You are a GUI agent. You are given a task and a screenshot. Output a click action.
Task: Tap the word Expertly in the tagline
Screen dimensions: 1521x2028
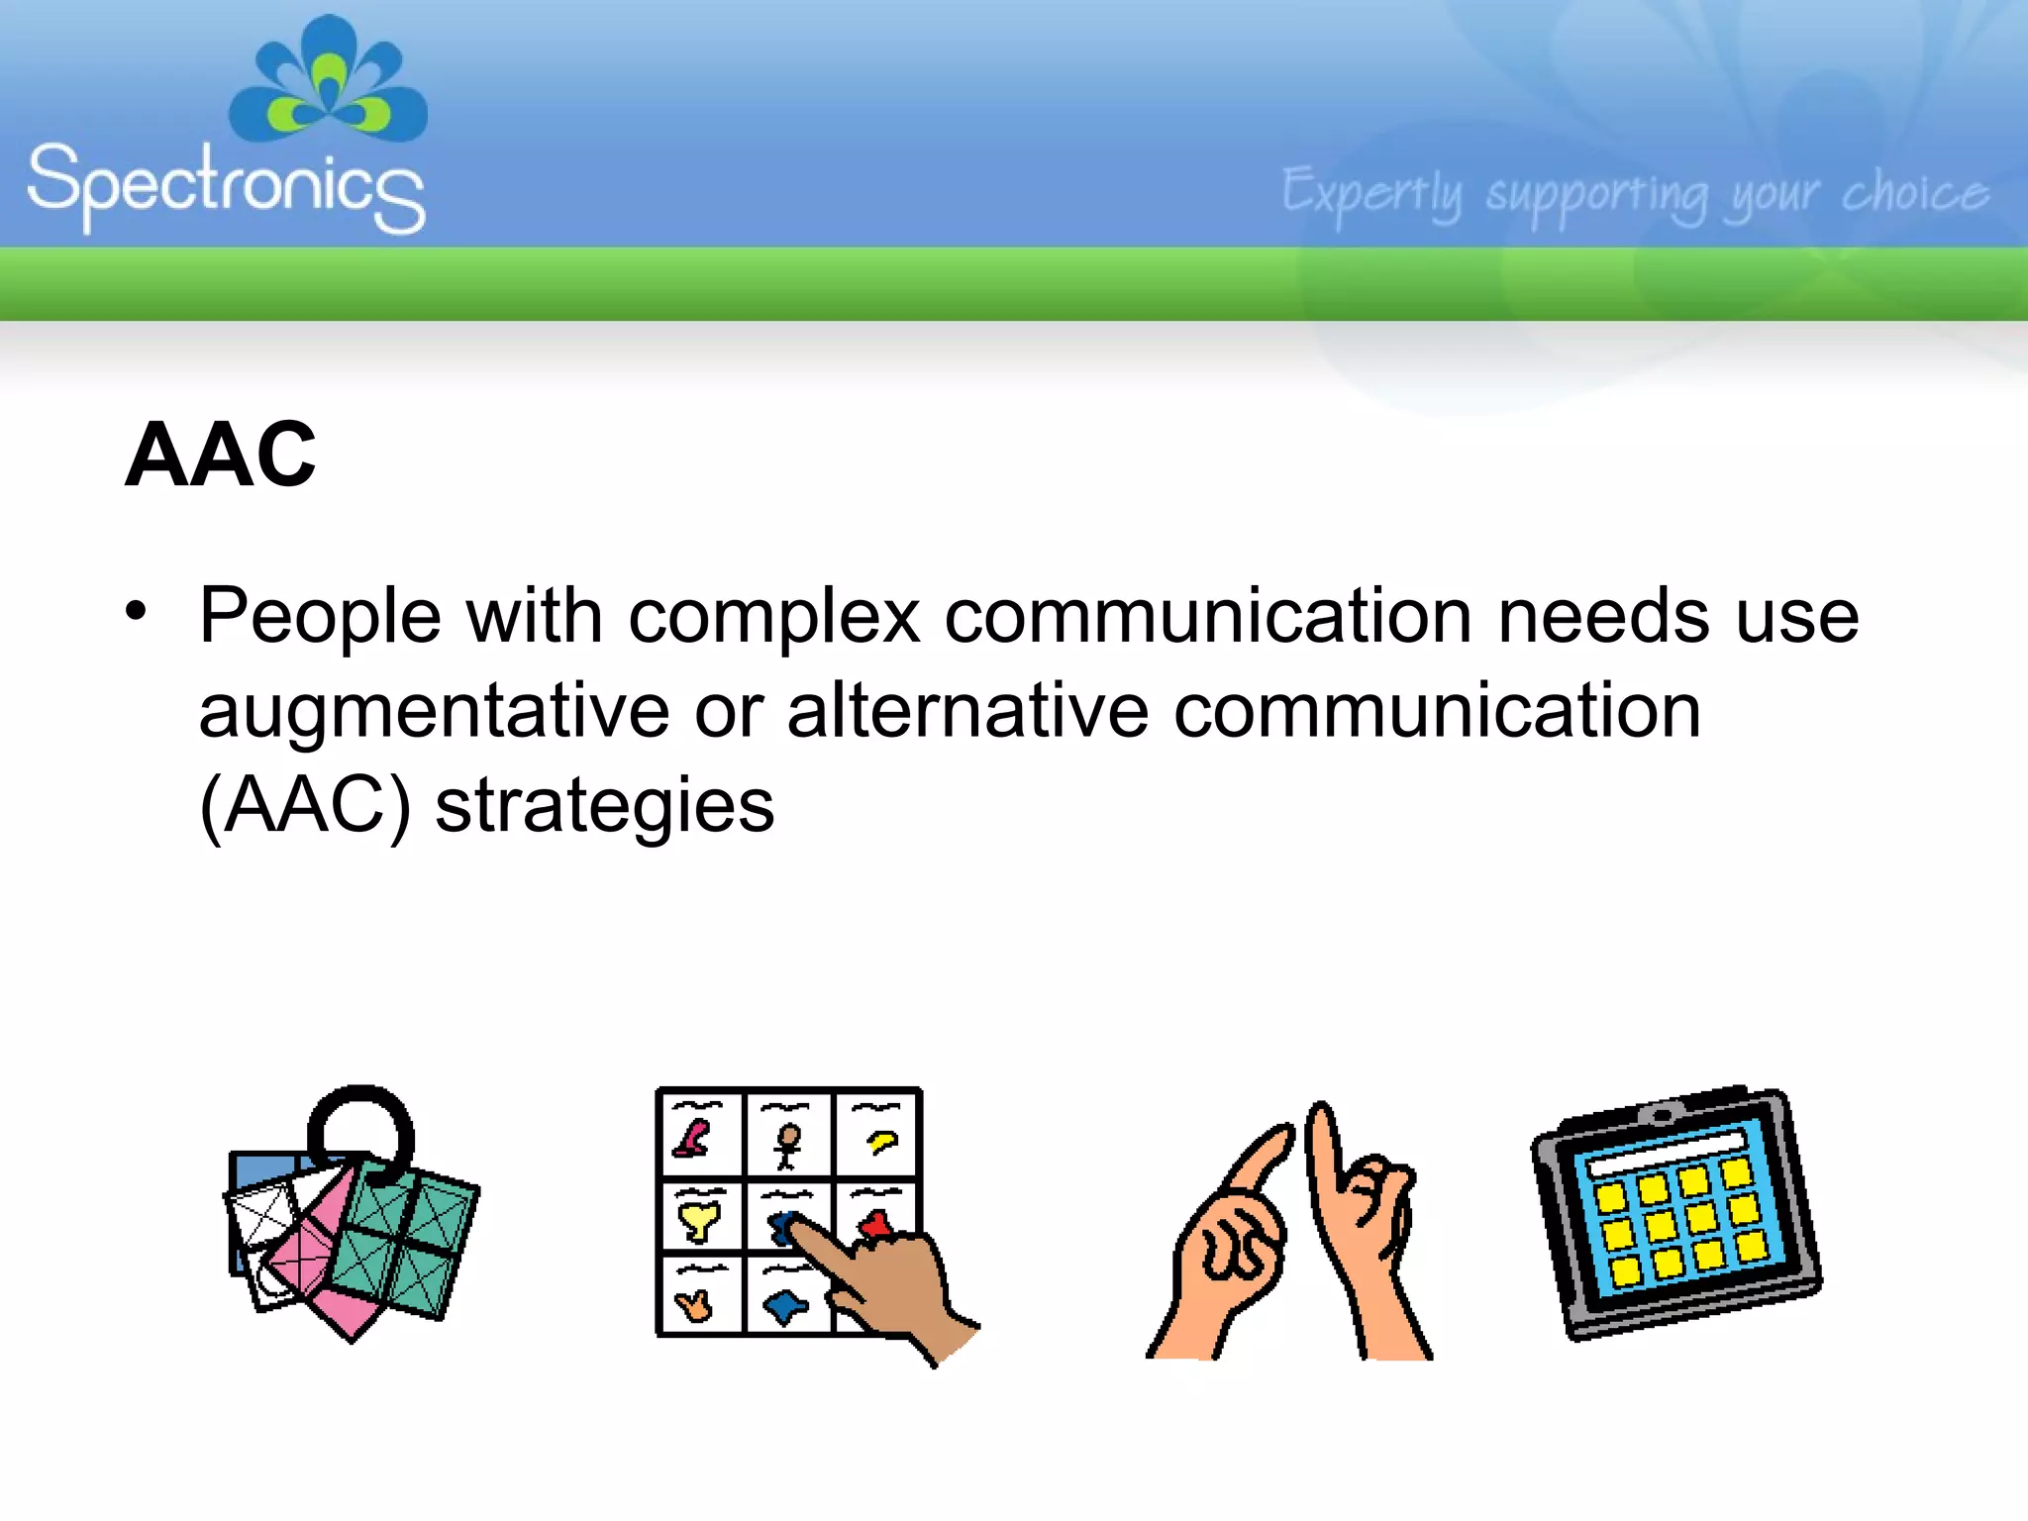click(1371, 193)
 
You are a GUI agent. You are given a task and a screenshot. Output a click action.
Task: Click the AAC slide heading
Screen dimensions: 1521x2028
click(220, 455)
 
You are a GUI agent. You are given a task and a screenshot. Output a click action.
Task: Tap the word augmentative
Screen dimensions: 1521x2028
click(434, 713)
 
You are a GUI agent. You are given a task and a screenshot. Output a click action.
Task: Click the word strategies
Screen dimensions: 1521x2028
click(604, 806)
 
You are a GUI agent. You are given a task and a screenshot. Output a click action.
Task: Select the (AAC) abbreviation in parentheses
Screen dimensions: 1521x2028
click(304, 806)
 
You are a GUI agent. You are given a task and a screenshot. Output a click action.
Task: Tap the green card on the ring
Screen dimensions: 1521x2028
click(406, 1243)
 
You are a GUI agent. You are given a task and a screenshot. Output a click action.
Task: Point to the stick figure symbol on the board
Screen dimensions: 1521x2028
click(788, 1145)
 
